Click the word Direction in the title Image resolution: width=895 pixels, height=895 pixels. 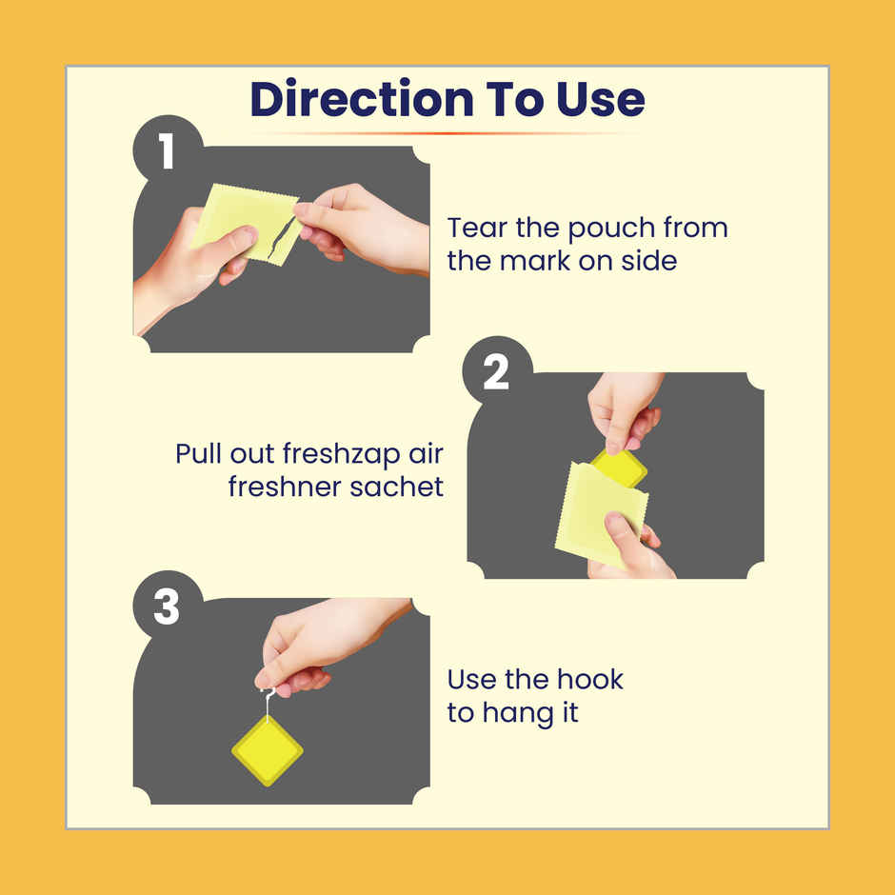click(x=362, y=99)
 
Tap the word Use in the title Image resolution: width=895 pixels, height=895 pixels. click(x=601, y=99)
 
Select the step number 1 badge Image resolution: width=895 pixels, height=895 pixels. click(x=168, y=150)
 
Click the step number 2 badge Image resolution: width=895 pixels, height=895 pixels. click(x=497, y=372)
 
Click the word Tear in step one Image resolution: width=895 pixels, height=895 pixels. click(x=477, y=228)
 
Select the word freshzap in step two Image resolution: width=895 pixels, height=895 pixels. click(x=341, y=455)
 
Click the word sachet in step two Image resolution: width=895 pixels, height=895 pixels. click(x=396, y=487)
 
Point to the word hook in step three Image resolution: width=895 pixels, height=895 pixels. click(x=589, y=679)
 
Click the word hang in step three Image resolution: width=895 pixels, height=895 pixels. click(x=518, y=714)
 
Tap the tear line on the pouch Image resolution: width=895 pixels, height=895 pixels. click(x=282, y=237)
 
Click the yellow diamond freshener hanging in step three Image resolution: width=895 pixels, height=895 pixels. click(x=268, y=750)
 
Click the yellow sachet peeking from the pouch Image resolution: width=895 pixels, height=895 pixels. click(x=619, y=468)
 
